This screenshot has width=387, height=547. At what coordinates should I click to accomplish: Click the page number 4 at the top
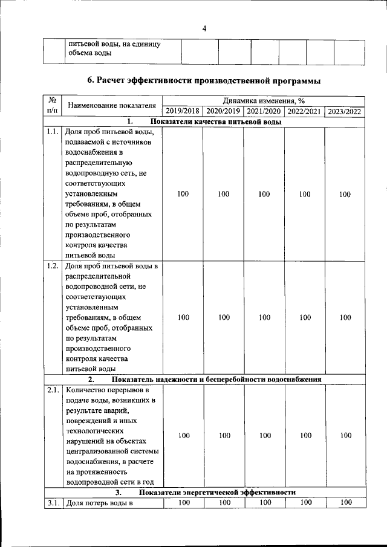204,28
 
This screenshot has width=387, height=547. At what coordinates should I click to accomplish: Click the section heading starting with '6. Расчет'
204,80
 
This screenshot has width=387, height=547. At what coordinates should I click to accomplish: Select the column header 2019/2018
183,111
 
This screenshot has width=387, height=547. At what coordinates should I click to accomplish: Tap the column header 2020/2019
223,111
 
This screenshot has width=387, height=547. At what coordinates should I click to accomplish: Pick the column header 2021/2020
264,111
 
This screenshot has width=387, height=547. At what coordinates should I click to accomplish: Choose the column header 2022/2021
304,111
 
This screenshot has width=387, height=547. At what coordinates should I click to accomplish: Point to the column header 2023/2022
345,111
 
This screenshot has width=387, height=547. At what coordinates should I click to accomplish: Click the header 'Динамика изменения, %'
263,101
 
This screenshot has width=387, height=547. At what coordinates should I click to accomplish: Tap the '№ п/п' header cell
52,106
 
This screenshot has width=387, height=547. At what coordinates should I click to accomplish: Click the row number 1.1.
52,132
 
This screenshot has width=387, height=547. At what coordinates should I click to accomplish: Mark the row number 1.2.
52,266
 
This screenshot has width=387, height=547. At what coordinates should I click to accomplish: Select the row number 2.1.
52,390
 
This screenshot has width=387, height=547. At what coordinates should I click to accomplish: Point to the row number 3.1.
52,503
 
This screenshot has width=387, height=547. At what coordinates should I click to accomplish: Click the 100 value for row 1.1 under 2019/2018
183,194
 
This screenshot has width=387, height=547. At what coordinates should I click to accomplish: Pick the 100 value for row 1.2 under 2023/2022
345,317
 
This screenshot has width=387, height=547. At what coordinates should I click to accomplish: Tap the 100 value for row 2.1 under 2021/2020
264,435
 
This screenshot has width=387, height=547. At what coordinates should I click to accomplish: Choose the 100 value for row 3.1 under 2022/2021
305,502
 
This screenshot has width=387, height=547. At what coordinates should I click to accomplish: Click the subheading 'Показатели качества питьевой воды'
216,122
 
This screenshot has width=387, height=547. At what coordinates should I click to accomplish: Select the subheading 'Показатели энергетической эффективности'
217,493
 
